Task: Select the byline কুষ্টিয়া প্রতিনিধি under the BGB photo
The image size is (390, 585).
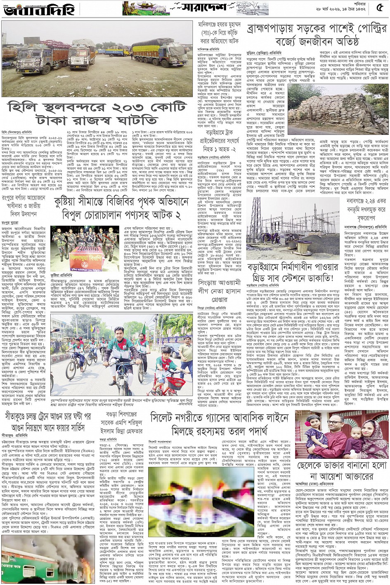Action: [61, 274]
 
